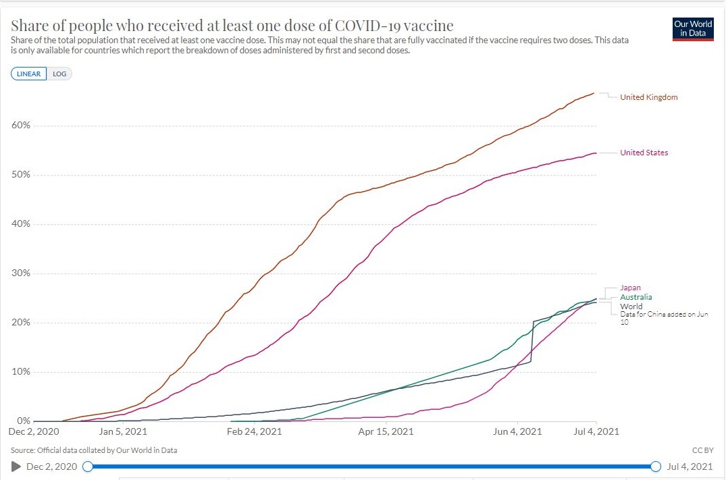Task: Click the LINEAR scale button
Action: pyautogui.click(x=28, y=74)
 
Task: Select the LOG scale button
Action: pyautogui.click(x=59, y=74)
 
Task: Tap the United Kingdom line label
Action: pyautogui.click(x=648, y=97)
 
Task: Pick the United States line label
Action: pyautogui.click(x=644, y=153)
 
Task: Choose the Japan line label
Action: pyautogui.click(x=630, y=288)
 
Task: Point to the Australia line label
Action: pyautogui.click(x=636, y=297)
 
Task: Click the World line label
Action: pyautogui.click(x=631, y=306)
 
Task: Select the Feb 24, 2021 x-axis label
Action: pyautogui.click(x=255, y=431)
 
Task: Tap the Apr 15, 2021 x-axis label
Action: pyautogui.click(x=386, y=431)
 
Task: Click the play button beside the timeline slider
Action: pyautogui.click(x=16, y=466)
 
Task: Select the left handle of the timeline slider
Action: pyautogui.click(x=87, y=466)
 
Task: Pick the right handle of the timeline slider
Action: pyautogui.click(x=655, y=466)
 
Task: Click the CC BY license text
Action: pyautogui.click(x=703, y=450)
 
